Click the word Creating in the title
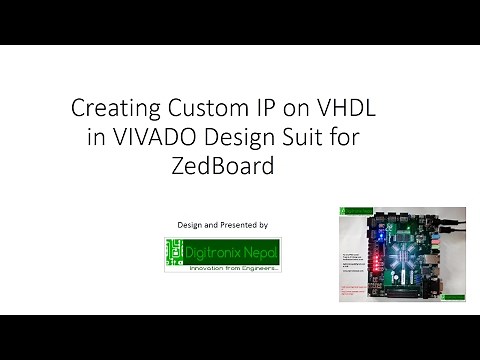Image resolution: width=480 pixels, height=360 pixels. pos(108,108)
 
